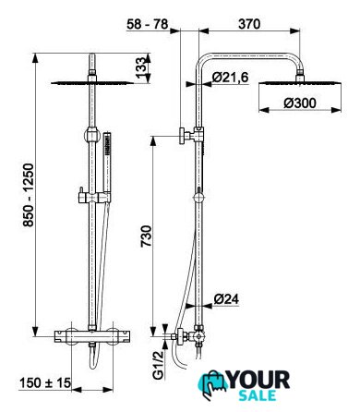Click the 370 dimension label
click(x=249, y=24)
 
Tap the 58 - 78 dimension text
click(x=148, y=24)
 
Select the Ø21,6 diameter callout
click(x=230, y=78)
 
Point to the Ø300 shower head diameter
click(x=300, y=103)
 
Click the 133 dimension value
click(x=140, y=67)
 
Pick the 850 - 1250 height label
click(x=29, y=195)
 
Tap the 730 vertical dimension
click(x=146, y=236)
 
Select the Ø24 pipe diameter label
click(x=226, y=299)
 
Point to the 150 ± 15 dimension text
click(x=45, y=383)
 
